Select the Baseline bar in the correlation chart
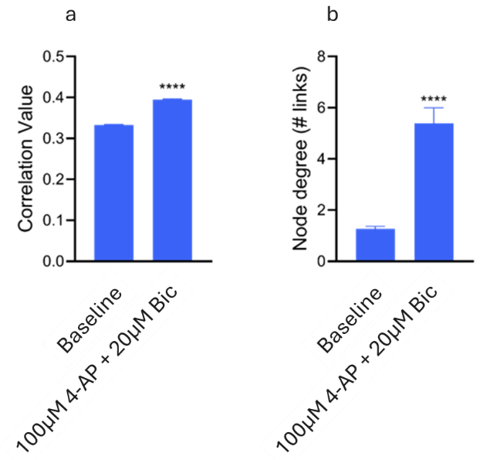point(113,193)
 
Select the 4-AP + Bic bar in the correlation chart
point(172,181)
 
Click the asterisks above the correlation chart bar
point(172,87)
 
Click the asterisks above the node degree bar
point(434,99)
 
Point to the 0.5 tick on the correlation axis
point(54,56)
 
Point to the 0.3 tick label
point(54,138)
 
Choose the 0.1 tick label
point(54,220)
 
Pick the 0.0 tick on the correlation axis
point(54,261)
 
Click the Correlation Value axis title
point(25,159)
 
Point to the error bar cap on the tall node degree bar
point(434,108)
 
